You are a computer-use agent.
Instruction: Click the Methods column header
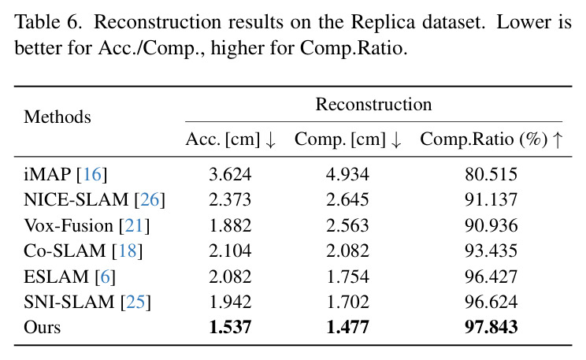point(57,117)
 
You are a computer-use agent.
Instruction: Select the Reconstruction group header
point(373,104)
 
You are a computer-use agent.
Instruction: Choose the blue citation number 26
point(150,199)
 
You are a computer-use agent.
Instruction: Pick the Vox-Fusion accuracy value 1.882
point(230,225)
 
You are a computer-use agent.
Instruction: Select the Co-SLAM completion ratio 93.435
point(491,251)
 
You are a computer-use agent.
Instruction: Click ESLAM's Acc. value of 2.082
point(230,276)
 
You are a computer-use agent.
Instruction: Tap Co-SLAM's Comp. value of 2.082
point(347,251)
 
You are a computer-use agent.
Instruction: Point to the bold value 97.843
point(491,327)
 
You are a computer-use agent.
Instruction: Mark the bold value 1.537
point(230,327)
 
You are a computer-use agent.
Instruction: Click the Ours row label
point(42,327)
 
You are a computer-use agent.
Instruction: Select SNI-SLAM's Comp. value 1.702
point(347,302)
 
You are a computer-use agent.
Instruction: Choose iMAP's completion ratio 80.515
point(491,174)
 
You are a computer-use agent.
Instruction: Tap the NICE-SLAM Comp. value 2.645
point(347,199)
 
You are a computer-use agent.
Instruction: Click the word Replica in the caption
point(383,22)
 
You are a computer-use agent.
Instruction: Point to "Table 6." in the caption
point(48,22)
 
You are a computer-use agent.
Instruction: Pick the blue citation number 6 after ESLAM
point(105,276)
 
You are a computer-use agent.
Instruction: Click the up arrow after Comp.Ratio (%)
point(558,139)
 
